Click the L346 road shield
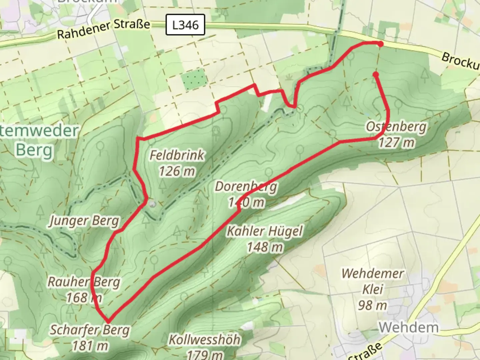click(185, 25)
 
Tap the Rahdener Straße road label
click(103, 29)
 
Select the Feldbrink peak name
click(177, 155)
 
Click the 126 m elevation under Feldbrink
click(177, 171)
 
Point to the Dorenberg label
click(246, 187)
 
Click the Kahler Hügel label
click(265, 231)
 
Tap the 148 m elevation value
click(265, 247)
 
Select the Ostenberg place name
click(396, 127)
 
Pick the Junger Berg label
click(84, 221)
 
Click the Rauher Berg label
click(84, 282)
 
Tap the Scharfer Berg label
click(90, 330)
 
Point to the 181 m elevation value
click(90, 346)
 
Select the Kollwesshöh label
click(204, 340)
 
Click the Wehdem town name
click(409, 327)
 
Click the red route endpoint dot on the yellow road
click(380, 44)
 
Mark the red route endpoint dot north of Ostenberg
click(376, 74)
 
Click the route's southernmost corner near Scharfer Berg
click(108, 321)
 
